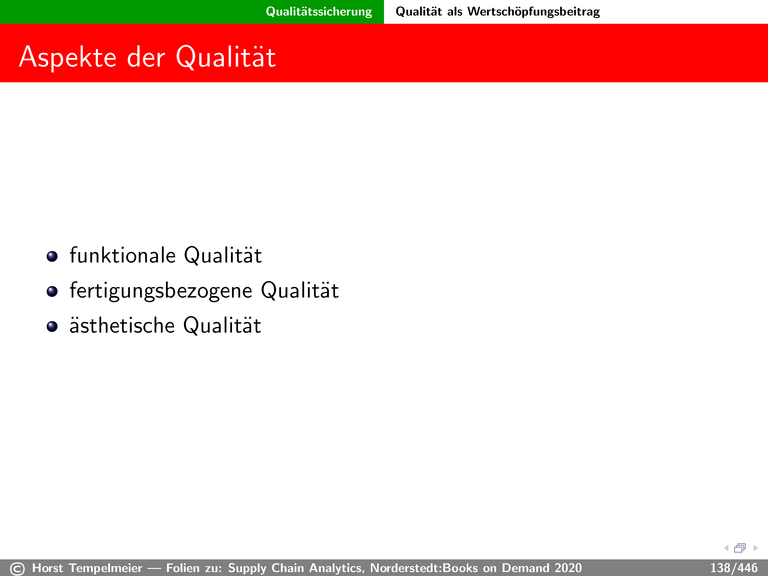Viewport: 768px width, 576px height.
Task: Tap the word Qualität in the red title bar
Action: coord(226,57)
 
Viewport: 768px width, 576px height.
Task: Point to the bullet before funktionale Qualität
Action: coord(52,257)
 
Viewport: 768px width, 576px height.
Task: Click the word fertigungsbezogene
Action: coord(161,291)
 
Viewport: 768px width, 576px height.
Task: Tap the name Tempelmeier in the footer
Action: coord(106,568)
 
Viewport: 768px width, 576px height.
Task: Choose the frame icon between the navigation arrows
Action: coord(740,548)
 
